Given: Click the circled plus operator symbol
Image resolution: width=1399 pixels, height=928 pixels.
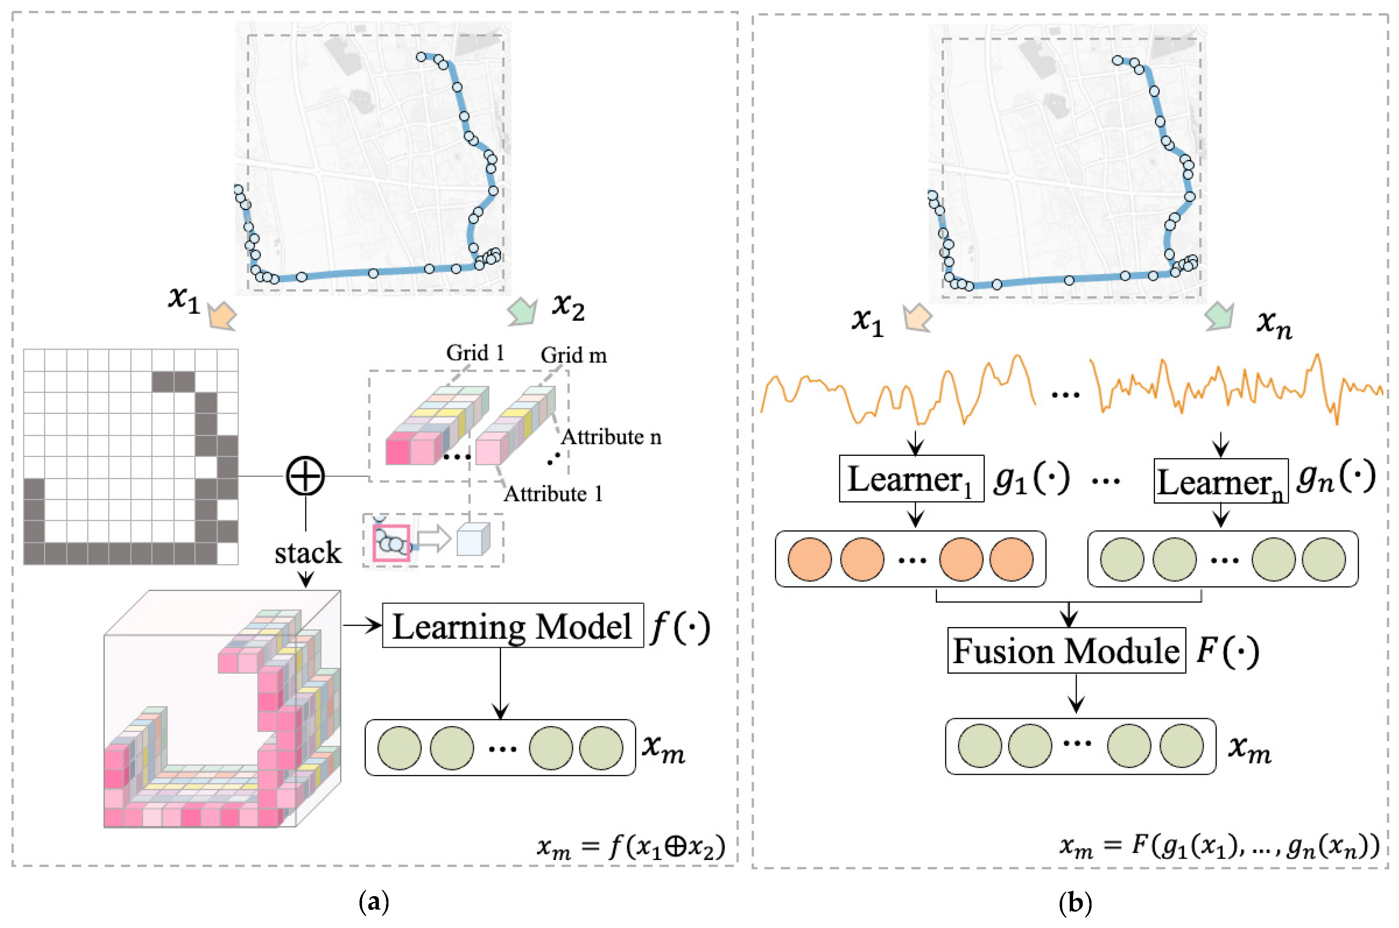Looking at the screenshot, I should tap(305, 476).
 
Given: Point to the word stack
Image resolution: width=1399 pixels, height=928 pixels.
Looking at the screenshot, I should tap(308, 553).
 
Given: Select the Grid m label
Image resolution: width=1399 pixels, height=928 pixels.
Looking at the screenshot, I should tap(573, 355).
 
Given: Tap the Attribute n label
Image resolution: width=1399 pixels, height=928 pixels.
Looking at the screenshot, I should tap(611, 437).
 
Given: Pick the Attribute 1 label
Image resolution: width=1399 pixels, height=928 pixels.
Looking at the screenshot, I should tap(553, 494).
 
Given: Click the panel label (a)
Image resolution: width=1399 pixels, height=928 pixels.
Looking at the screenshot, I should tap(374, 902).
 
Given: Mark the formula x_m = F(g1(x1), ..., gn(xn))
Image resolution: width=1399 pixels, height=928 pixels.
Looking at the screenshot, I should tap(1219, 846).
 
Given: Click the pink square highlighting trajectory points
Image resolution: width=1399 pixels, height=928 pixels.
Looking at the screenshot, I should tap(391, 541).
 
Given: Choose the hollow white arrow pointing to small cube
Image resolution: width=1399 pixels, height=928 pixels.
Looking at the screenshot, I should tap(434, 539).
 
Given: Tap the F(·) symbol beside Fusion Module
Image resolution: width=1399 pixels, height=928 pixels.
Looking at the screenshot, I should tap(1227, 651).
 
